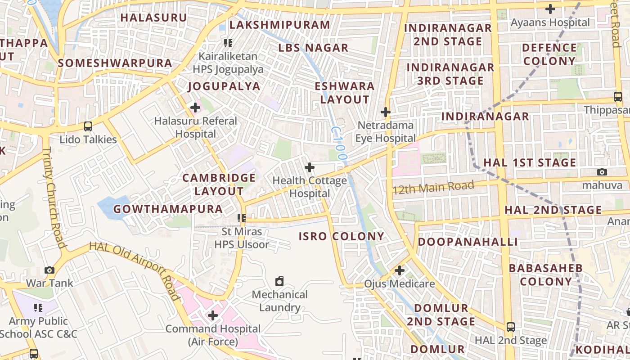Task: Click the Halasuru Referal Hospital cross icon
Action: [x=195, y=108]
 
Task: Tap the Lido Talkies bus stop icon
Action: [x=88, y=126]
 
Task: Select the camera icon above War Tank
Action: [x=49, y=270]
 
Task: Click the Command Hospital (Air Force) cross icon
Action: [x=213, y=315]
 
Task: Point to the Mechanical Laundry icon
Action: [x=279, y=282]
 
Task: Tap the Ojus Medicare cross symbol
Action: [x=399, y=270]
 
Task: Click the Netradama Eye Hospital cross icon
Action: [x=386, y=112]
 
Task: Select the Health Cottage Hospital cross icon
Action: [x=310, y=167]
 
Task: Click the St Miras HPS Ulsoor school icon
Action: [x=242, y=219]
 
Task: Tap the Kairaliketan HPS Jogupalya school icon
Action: [x=228, y=43]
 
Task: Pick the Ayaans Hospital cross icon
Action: [x=550, y=9]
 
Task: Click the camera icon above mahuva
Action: [x=602, y=172]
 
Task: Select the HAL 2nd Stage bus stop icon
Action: [x=511, y=327]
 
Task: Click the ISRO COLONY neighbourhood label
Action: [x=342, y=236]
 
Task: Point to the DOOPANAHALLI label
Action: [x=468, y=242]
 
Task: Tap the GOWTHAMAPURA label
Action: [x=168, y=209]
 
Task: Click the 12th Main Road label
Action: [x=433, y=187]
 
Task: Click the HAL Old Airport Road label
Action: [x=135, y=270]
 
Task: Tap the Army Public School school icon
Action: [x=38, y=308]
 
